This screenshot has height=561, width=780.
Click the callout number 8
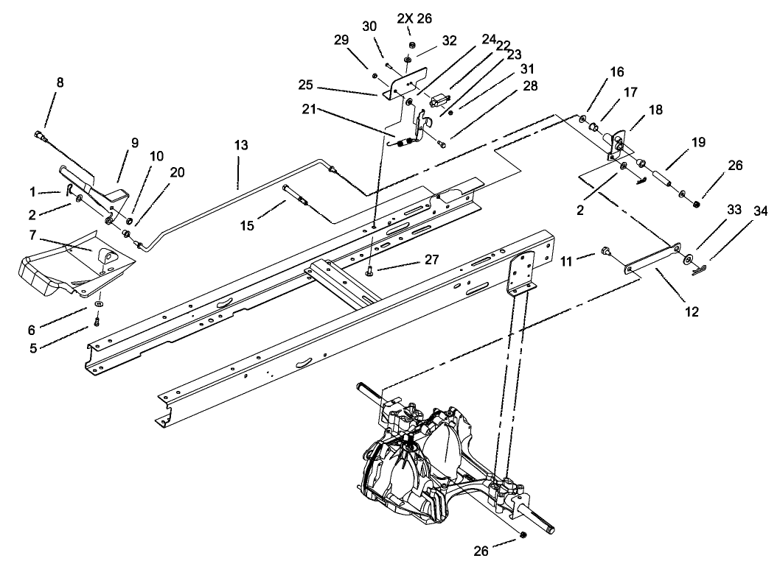click(60, 82)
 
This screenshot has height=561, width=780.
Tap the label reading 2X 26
click(411, 17)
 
